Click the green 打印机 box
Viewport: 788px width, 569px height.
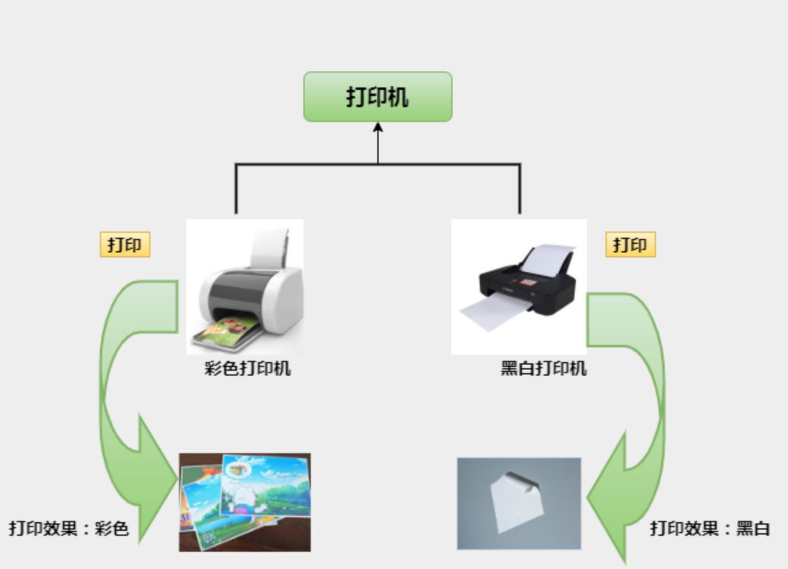tap(377, 97)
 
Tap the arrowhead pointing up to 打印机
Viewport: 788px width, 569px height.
tap(378, 127)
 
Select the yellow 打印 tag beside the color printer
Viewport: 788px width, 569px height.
tap(125, 244)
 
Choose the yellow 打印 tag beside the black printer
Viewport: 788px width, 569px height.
tap(630, 244)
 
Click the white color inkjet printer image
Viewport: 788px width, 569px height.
tap(245, 286)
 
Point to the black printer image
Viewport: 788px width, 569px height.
tap(519, 287)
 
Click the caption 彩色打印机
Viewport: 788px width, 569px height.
tap(248, 369)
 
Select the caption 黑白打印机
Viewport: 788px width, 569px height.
tap(544, 369)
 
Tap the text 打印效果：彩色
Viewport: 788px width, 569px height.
tap(68, 528)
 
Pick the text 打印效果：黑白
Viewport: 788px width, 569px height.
tap(710, 528)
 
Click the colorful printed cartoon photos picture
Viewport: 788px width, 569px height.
tap(245, 502)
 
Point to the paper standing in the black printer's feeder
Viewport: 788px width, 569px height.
tap(546, 259)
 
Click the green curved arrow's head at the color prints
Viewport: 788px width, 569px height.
tap(154, 480)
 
